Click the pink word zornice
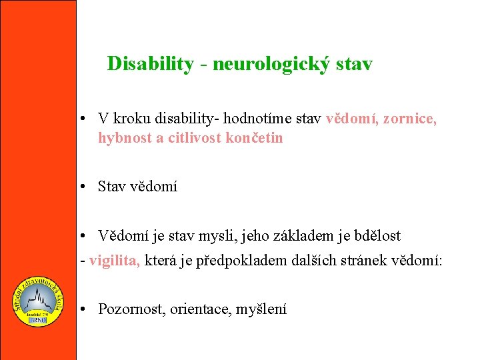tap(411, 119)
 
